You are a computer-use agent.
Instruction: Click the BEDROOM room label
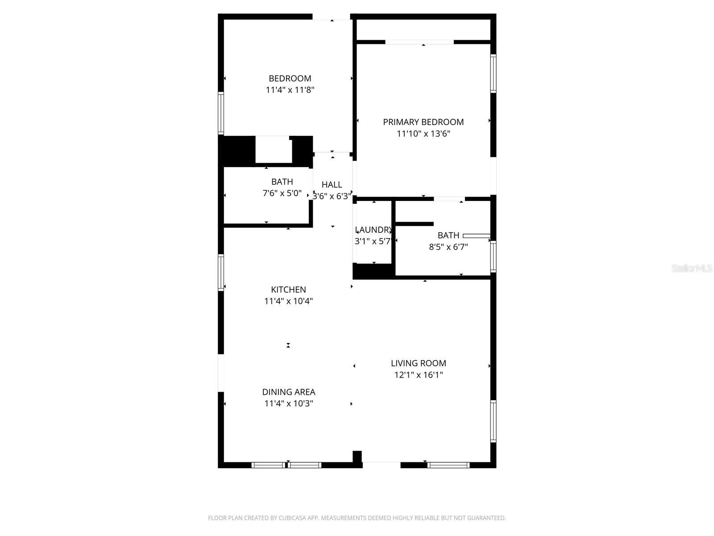coord(290,79)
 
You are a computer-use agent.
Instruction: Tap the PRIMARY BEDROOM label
coord(423,122)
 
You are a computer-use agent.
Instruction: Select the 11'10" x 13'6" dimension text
coord(423,134)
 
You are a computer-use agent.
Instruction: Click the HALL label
coord(332,184)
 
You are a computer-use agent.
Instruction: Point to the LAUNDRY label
coord(374,230)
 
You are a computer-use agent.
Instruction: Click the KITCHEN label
coord(288,289)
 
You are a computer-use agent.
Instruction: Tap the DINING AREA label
coord(288,392)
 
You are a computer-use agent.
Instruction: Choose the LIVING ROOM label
coord(418,364)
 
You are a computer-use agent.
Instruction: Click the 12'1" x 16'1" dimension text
coord(418,375)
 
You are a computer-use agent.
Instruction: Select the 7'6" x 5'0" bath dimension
coord(282,193)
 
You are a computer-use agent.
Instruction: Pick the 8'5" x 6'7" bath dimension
coord(448,247)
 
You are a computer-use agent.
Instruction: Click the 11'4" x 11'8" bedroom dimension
coord(290,90)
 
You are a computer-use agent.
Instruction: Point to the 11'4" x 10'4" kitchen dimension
coord(288,301)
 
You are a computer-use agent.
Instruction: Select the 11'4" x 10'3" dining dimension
coord(288,404)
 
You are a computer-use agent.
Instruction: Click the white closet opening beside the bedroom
coord(273,150)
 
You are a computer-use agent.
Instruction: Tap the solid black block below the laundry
coord(374,271)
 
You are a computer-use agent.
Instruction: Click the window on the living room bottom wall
coord(448,465)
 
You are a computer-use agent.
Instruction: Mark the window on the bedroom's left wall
coord(220,113)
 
